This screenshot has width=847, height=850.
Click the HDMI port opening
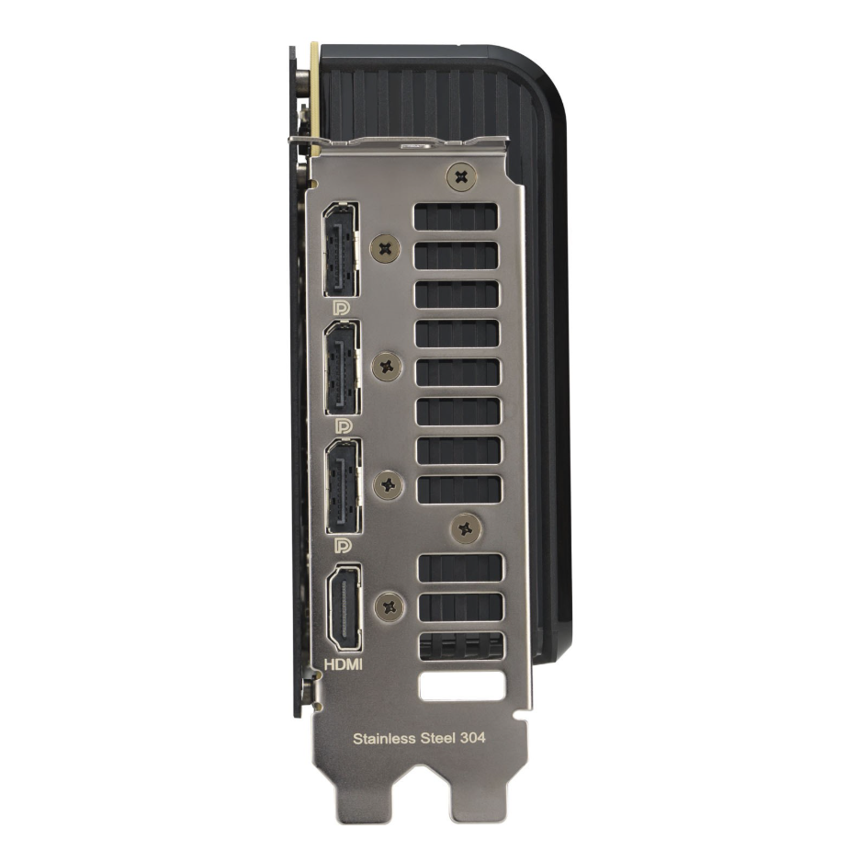point(344,606)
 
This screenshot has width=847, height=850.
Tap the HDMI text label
point(343,664)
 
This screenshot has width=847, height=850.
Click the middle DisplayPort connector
point(343,368)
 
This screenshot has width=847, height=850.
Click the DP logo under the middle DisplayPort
point(343,426)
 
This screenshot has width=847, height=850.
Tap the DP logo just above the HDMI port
point(343,545)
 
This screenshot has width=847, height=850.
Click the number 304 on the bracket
point(472,737)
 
